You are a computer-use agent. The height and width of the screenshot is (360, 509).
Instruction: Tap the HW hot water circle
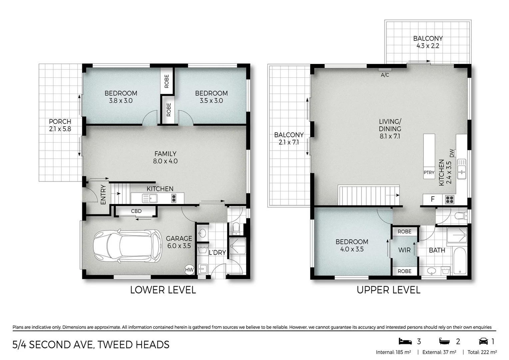pos(189,270)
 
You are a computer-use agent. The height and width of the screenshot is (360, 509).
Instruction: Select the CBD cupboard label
pos(136,211)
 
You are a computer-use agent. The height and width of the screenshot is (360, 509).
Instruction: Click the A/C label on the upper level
pos(385,75)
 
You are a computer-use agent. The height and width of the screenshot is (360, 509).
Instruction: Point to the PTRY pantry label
pos(429,172)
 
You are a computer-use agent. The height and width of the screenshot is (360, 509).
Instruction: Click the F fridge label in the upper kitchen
pos(433,199)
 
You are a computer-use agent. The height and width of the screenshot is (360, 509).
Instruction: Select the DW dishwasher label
pos(452,153)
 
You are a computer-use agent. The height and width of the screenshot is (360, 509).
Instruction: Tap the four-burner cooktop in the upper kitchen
pos(449,199)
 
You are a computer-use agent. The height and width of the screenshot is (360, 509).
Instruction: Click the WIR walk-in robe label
pos(404,250)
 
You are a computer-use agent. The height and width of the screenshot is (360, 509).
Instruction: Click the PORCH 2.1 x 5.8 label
pos(60,125)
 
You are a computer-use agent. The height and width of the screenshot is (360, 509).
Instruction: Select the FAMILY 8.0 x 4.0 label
pos(165,157)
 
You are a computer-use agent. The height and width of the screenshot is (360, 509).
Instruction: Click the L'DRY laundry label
pos(217,253)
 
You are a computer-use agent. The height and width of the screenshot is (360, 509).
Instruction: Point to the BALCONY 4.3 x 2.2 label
pos(428,42)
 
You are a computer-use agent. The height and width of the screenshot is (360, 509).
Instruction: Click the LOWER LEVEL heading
pos(163,290)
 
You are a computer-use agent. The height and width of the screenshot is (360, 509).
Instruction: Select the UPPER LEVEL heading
pos(388,290)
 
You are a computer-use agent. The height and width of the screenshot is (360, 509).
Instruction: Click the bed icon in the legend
pos(405,341)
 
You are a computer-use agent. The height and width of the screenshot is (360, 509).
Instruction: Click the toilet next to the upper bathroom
pos(461,216)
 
